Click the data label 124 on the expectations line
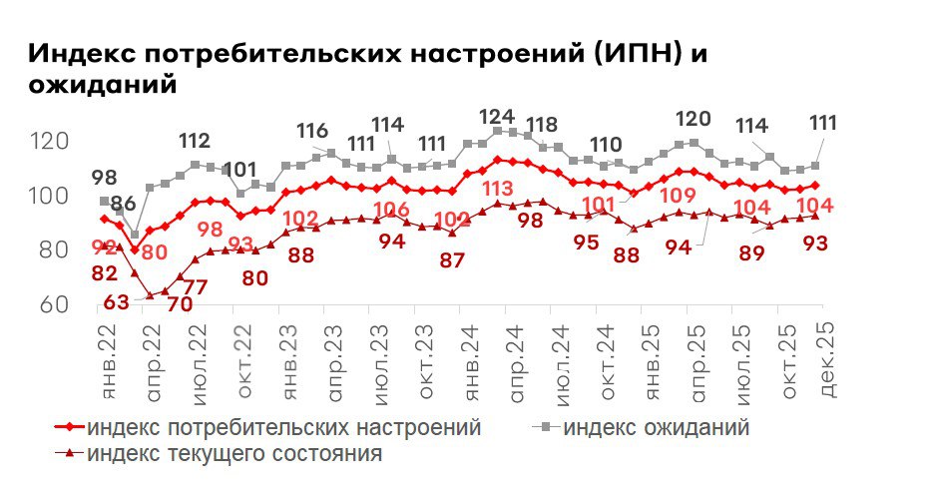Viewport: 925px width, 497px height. tap(497, 116)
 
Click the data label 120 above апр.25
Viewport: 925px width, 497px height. tap(693, 119)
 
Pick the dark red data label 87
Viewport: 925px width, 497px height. tap(453, 260)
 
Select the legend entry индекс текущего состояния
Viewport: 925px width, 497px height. tap(234, 454)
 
